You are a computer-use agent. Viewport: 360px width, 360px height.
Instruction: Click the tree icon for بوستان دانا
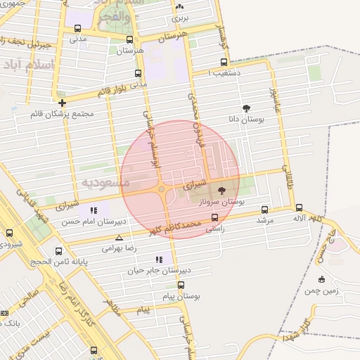246,108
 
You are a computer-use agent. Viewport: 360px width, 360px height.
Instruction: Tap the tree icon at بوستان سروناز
222,190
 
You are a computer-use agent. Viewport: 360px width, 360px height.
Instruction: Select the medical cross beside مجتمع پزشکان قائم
63,103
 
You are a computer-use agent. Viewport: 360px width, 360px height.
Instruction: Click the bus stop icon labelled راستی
214,217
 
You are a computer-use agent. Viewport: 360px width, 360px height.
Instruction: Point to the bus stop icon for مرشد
264,209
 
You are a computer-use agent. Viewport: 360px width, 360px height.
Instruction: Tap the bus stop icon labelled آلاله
300,207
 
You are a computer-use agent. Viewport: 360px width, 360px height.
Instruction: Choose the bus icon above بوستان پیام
181,285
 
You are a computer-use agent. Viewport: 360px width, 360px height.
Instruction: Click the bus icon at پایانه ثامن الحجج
58,250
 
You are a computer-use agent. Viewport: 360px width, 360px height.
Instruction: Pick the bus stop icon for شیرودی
9,233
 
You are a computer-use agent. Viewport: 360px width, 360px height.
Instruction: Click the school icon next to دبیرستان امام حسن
94,210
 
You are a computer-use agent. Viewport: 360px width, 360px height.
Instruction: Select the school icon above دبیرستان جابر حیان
167,258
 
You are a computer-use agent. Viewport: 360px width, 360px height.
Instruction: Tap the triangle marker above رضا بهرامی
118,238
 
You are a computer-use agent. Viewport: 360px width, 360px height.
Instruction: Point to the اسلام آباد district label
29,65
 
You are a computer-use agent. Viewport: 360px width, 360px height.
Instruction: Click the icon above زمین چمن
321,279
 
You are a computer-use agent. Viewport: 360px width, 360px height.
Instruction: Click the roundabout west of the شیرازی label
162,189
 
